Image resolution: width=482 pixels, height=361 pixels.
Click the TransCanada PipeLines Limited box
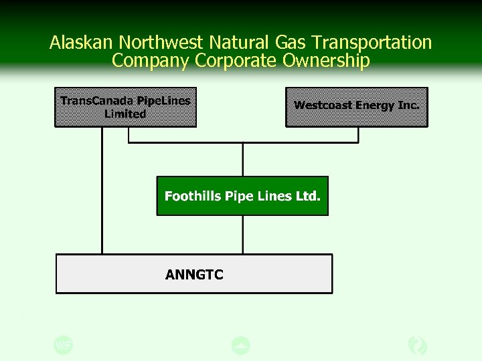coord(126,107)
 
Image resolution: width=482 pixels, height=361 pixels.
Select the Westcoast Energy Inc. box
coord(356,107)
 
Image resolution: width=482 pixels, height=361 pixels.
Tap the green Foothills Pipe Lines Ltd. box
coord(242,196)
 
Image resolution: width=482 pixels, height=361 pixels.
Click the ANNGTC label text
coord(194,274)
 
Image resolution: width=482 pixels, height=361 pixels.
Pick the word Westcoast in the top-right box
coord(323,106)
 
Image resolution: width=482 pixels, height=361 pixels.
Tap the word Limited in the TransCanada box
coord(125,114)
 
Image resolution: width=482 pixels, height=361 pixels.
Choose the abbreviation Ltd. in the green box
coord(308,196)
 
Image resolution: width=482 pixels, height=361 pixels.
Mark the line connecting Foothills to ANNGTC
coord(243,234)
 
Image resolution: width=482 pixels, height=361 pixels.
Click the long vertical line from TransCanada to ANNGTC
coord(102,191)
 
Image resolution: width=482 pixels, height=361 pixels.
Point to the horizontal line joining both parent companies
coord(243,142)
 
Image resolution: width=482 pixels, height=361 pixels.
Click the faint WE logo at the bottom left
coord(63,345)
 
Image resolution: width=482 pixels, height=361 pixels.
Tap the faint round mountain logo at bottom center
coord(240,346)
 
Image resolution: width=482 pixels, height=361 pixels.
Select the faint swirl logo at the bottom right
coord(418,345)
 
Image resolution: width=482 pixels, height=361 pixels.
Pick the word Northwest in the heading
coord(161,43)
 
